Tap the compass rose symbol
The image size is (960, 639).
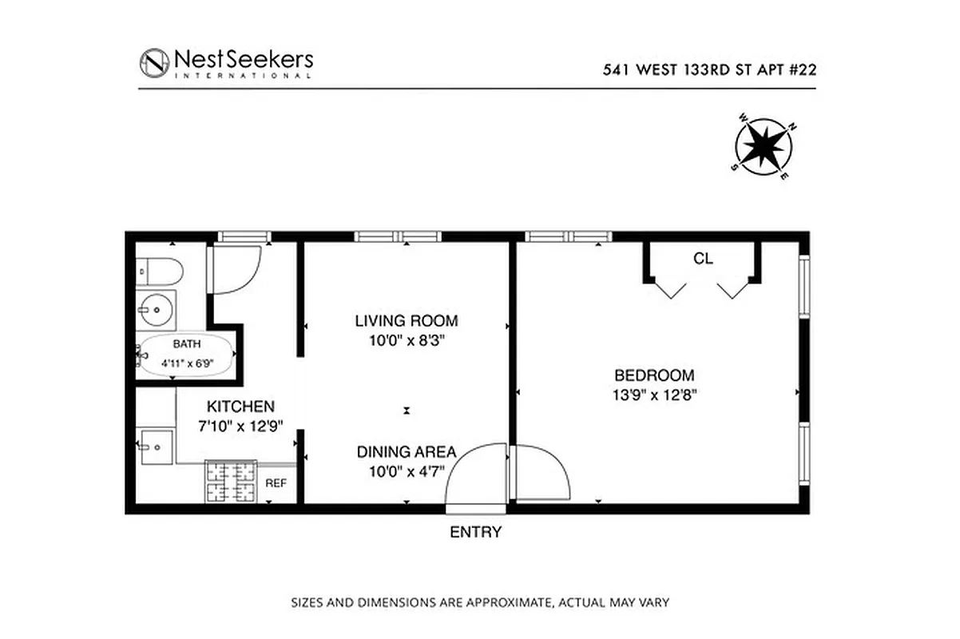[764, 145]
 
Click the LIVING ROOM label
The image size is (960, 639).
[407, 321]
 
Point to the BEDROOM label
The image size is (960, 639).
[653, 375]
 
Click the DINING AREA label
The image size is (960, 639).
[407, 451]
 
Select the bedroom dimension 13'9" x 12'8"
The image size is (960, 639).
[653, 393]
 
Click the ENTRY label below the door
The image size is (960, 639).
[476, 532]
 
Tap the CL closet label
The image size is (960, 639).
[703, 259]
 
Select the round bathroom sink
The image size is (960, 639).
[156, 309]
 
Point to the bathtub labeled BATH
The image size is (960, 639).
[187, 355]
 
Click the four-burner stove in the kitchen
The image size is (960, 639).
[231, 482]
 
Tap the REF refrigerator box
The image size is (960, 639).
[276, 482]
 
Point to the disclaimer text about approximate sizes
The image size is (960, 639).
[479, 601]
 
